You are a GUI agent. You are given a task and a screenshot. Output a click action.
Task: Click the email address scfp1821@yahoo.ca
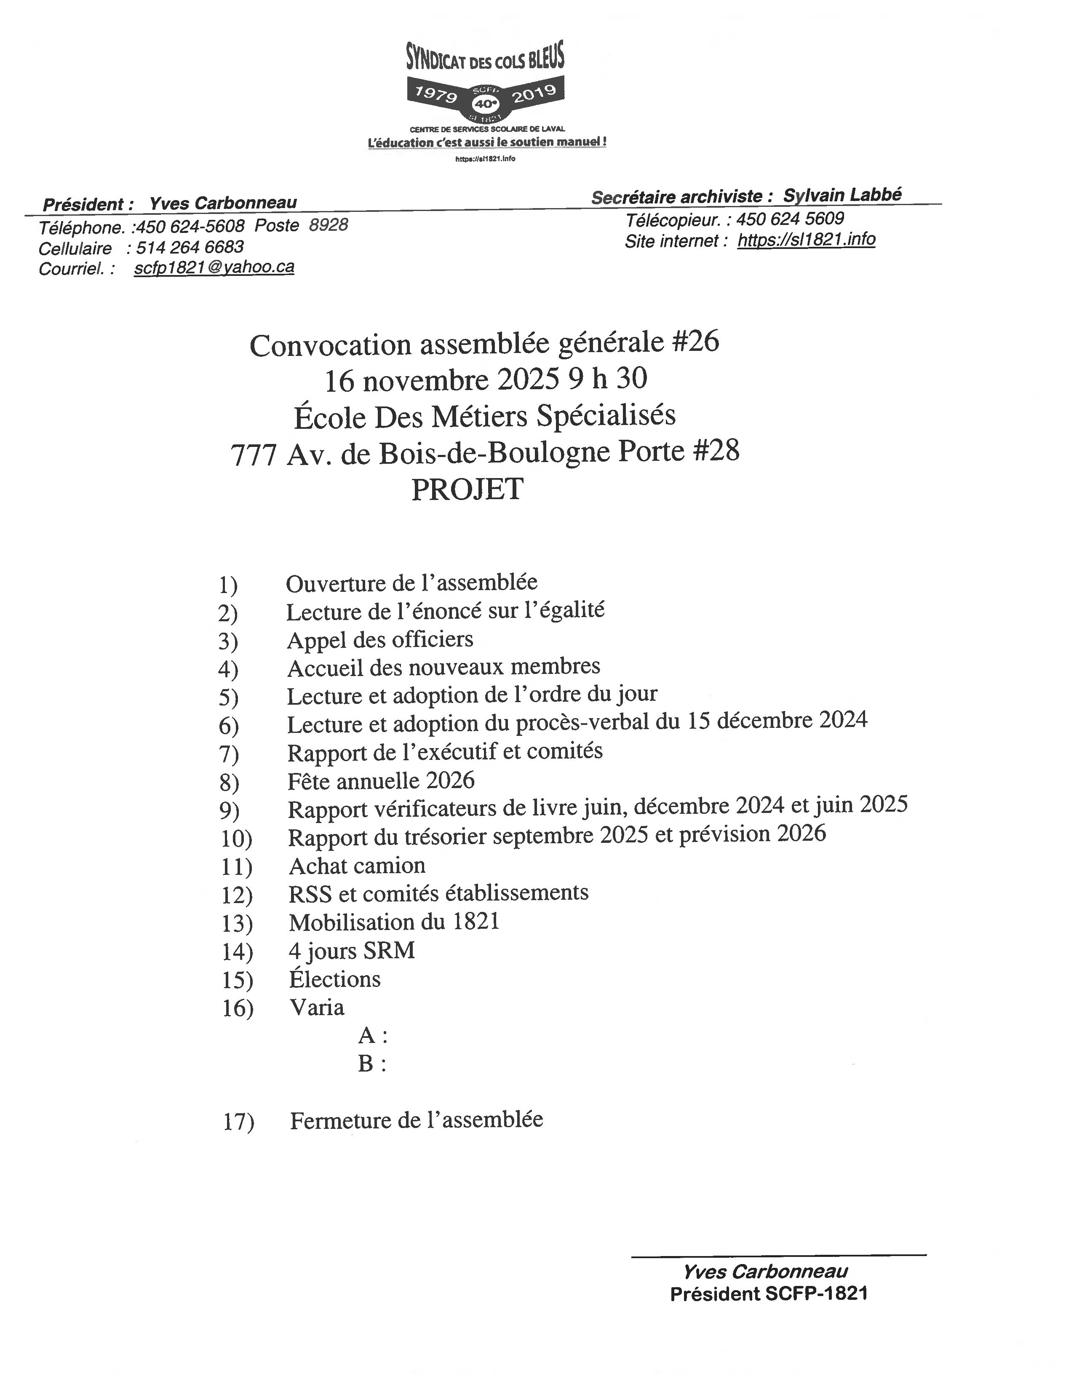pos(214,268)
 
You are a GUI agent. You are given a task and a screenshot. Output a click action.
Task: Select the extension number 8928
pos(329,225)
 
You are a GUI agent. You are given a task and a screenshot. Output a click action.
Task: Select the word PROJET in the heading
pos(467,489)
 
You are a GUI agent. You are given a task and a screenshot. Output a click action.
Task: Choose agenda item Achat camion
pos(357,866)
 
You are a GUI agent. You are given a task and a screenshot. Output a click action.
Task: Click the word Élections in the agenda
pos(335,979)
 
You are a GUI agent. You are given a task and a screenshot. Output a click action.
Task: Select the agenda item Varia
pos(317,1008)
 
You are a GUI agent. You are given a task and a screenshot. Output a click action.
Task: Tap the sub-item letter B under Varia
pos(366,1064)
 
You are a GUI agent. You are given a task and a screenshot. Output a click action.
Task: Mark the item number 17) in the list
pos(238,1121)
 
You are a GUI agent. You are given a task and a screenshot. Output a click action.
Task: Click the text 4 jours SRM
pos(351,951)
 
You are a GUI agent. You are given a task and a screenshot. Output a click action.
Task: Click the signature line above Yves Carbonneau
pos(778,1256)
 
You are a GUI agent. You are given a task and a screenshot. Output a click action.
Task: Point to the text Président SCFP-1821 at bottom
pos(769,1294)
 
